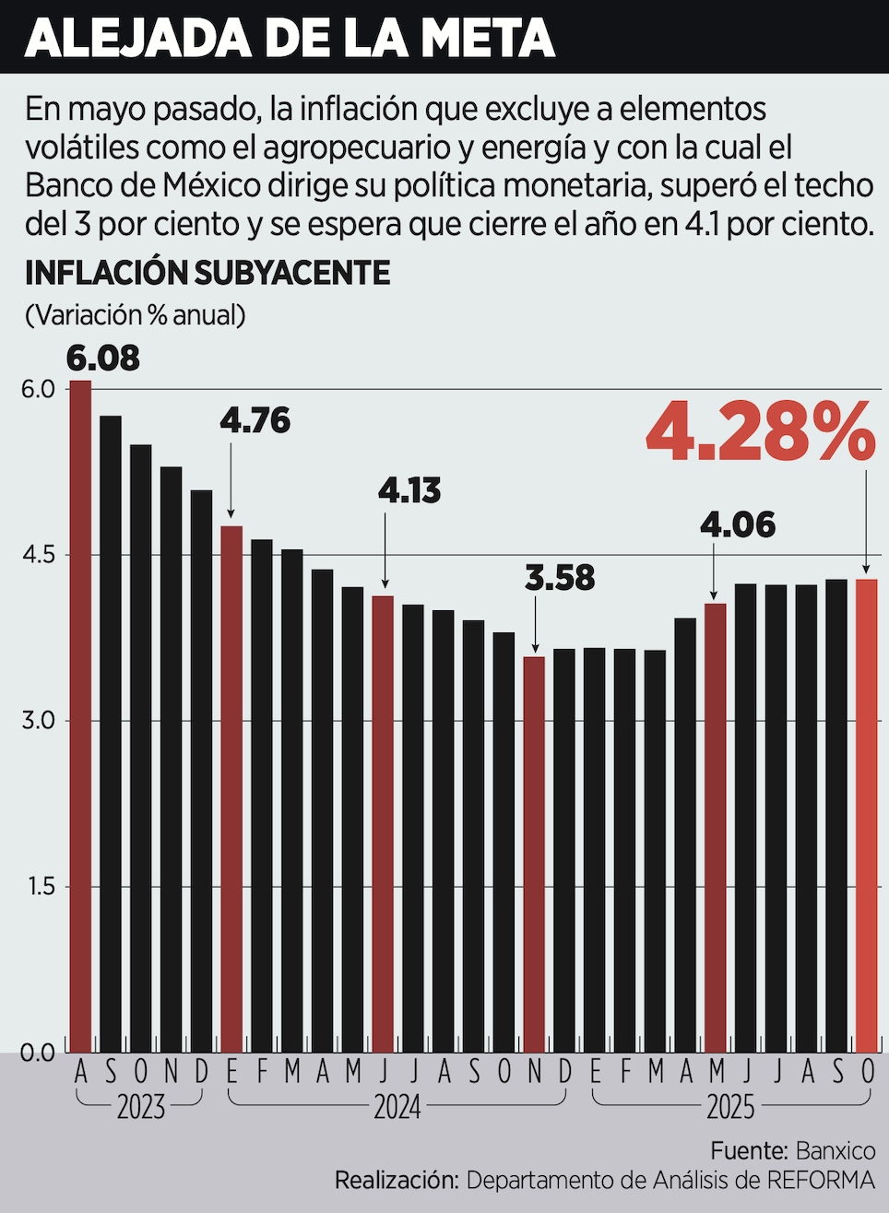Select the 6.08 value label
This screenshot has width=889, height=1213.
[x=102, y=358]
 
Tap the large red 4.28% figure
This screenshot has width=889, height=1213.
[x=760, y=431]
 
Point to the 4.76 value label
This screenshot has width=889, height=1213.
[x=255, y=420]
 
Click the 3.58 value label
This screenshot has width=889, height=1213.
[x=560, y=578]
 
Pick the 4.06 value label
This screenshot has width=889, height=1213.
[x=738, y=524]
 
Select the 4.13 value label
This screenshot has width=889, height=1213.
[x=409, y=490]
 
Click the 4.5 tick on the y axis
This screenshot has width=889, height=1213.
[x=38, y=555]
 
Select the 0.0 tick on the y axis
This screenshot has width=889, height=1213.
[x=38, y=1053]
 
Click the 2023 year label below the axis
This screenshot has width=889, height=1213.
[x=141, y=1106]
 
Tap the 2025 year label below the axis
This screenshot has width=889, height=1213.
[x=730, y=1106]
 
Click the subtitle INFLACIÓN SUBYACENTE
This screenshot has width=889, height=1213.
[x=207, y=273]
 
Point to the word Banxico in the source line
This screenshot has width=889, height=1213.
[x=835, y=1150]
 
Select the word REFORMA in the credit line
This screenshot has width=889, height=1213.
[x=821, y=1180]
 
